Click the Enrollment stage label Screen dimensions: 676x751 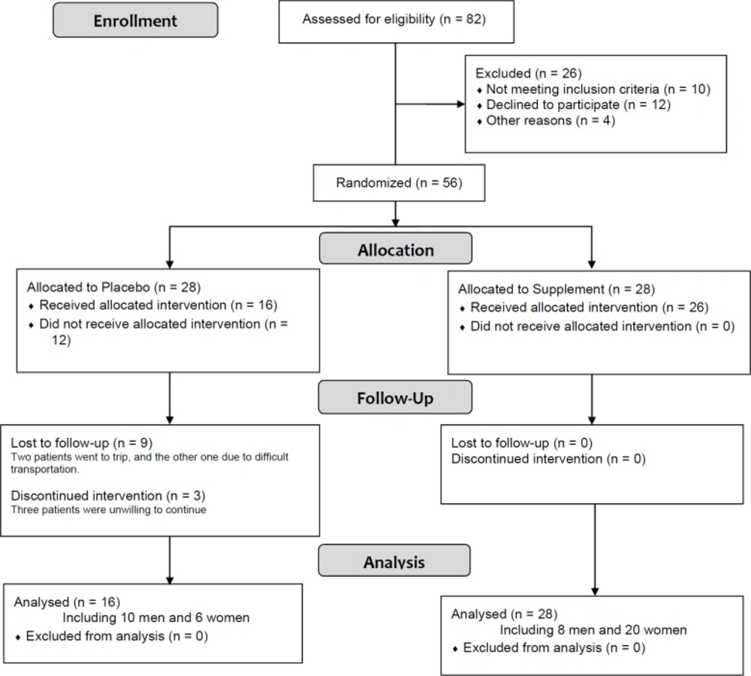point(135,21)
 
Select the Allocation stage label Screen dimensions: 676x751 point(396,249)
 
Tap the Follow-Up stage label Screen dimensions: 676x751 point(396,397)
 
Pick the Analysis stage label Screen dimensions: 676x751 point(394,561)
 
